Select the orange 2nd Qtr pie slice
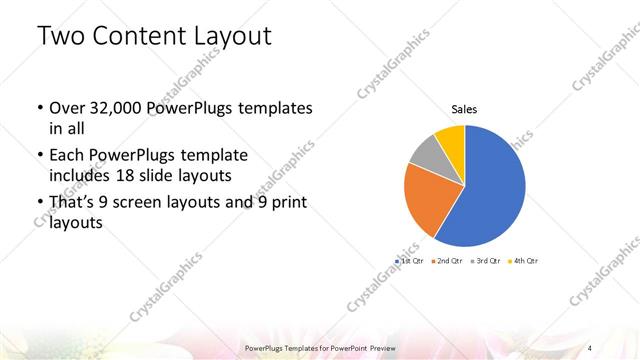tap(426, 197)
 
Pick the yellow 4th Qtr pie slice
tap(451, 137)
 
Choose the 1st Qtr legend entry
tap(411, 260)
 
